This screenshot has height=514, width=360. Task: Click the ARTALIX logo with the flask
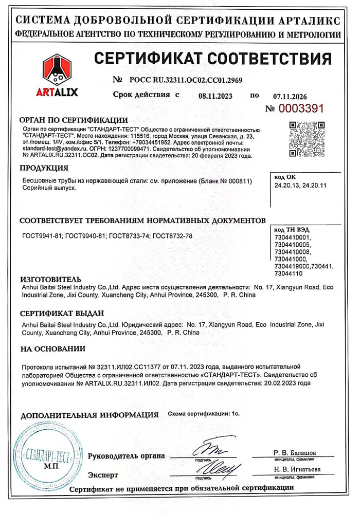57,77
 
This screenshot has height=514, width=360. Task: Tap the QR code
307,139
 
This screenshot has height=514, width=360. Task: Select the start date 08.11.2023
215,96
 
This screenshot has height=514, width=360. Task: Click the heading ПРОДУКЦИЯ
44,168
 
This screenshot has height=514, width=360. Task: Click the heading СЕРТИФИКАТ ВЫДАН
62,313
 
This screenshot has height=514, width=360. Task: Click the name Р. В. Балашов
295,452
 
